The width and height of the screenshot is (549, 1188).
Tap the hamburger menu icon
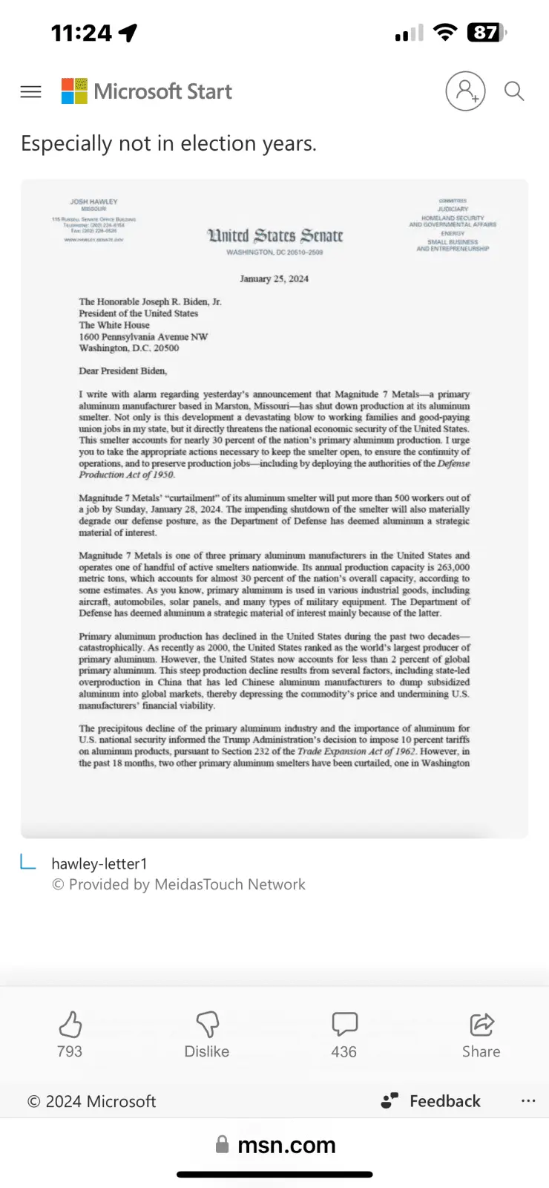click(30, 91)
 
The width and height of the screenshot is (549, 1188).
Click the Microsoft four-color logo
click(74, 91)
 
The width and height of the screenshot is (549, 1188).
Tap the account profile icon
click(465, 91)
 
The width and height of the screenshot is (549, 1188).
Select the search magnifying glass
click(514, 91)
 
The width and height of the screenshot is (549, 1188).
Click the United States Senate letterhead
click(274, 236)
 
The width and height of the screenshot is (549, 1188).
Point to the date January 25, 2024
click(274, 279)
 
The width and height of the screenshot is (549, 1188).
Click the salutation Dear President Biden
click(123, 371)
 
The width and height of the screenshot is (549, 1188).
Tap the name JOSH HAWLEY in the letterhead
click(93, 201)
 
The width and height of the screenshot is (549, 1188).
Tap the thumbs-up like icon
click(70, 1025)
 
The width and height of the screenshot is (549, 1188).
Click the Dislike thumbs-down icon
click(207, 1025)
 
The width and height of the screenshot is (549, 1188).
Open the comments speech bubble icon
click(344, 1025)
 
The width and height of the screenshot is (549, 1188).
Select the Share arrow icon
click(481, 1025)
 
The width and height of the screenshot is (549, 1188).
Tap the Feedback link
click(444, 1101)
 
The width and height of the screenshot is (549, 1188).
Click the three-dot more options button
click(528, 1101)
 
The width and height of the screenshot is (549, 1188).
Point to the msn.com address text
click(286, 1145)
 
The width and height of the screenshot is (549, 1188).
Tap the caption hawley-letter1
click(99, 864)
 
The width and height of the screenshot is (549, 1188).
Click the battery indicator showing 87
click(486, 33)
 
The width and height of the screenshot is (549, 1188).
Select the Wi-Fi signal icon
click(445, 33)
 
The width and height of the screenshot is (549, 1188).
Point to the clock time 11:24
click(82, 33)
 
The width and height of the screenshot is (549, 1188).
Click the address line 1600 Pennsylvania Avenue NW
click(143, 336)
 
